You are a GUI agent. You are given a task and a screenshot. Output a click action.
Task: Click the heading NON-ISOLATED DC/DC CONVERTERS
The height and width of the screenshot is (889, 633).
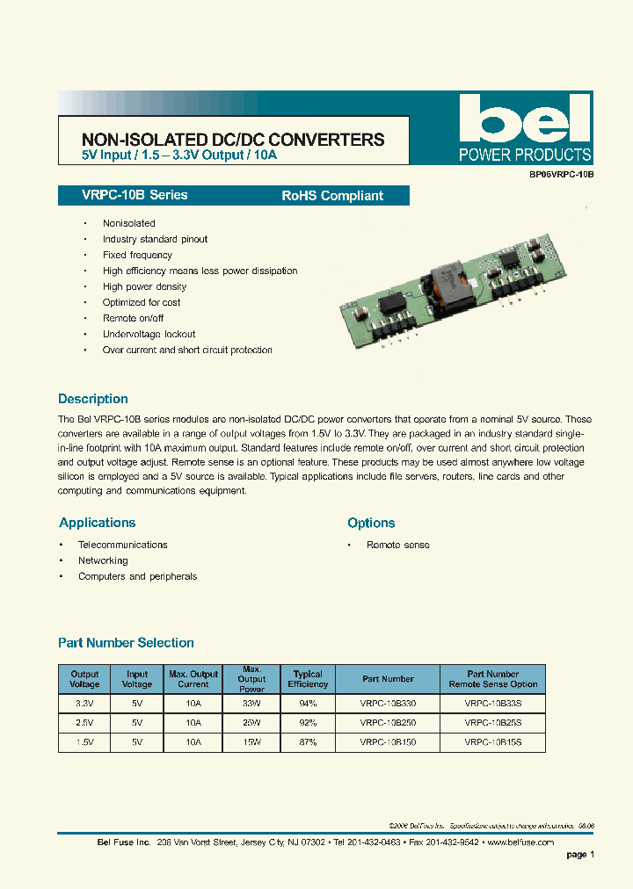click(233, 140)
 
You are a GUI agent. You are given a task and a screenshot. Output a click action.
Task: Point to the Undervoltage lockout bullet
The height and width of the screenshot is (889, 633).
click(149, 334)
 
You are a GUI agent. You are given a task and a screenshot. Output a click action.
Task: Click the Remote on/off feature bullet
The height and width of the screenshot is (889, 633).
click(133, 318)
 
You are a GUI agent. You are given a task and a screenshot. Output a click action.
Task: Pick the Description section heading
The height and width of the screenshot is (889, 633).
click(93, 399)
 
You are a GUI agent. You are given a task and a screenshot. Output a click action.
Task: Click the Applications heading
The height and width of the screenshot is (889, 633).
click(98, 523)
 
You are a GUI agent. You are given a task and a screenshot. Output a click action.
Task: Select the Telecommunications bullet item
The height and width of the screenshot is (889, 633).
click(122, 545)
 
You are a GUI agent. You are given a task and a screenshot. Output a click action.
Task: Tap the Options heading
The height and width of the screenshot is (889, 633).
click(371, 523)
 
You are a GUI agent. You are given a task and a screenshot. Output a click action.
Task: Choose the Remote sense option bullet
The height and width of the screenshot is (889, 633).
click(397, 545)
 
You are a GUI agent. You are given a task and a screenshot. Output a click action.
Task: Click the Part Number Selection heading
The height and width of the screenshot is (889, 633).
click(126, 643)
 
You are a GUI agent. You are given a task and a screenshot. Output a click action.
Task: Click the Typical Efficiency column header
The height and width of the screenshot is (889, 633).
click(308, 679)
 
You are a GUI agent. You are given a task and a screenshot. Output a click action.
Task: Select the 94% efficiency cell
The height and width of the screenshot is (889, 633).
click(308, 704)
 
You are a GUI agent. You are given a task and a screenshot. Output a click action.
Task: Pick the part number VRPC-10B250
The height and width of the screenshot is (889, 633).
click(388, 722)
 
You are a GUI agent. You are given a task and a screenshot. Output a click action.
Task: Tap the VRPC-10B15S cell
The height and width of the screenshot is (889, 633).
click(492, 741)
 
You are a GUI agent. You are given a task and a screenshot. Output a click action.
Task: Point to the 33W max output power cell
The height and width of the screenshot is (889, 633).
click(251, 704)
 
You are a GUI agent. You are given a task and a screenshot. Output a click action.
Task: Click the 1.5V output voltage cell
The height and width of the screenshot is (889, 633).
click(84, 741)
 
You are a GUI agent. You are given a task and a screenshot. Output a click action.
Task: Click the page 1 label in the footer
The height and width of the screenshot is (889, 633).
click(580, 854)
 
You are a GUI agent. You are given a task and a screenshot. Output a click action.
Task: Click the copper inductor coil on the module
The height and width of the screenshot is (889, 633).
click(446, 281)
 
